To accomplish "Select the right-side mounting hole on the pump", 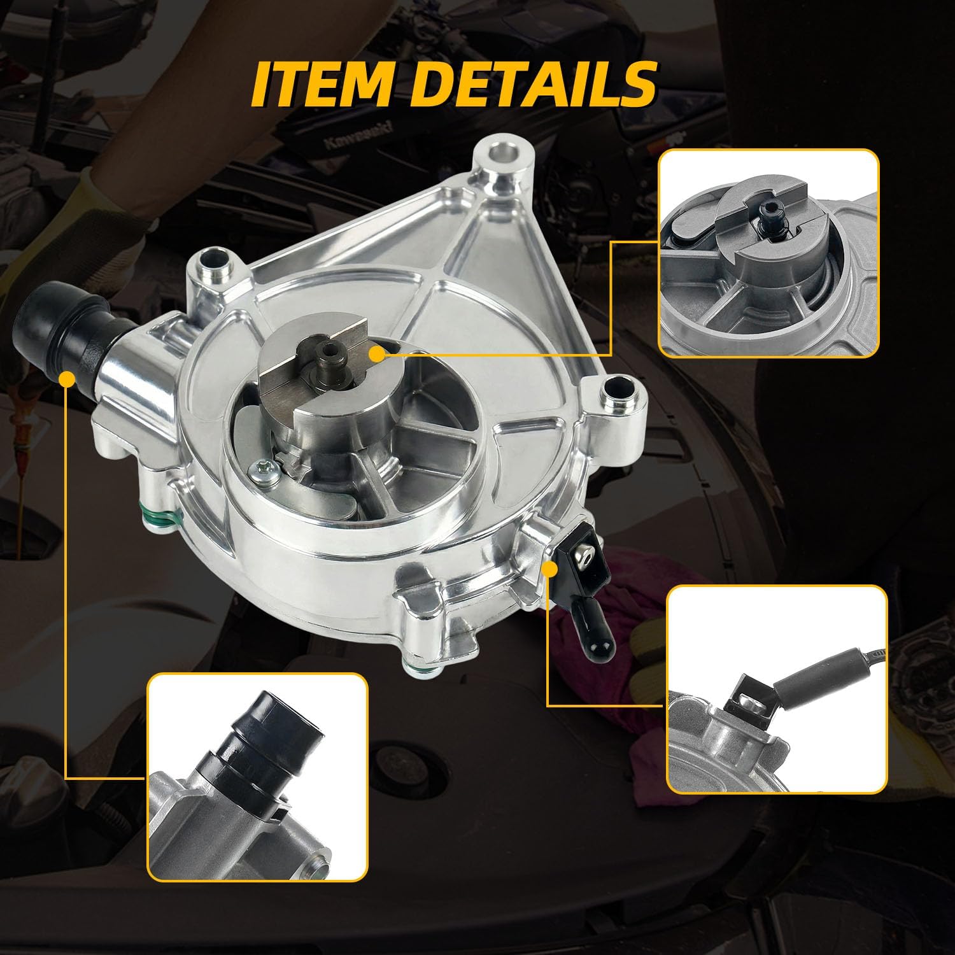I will (615, 388).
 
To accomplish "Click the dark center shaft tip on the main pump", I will (330, 351).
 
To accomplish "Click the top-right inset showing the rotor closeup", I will (768, 253).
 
